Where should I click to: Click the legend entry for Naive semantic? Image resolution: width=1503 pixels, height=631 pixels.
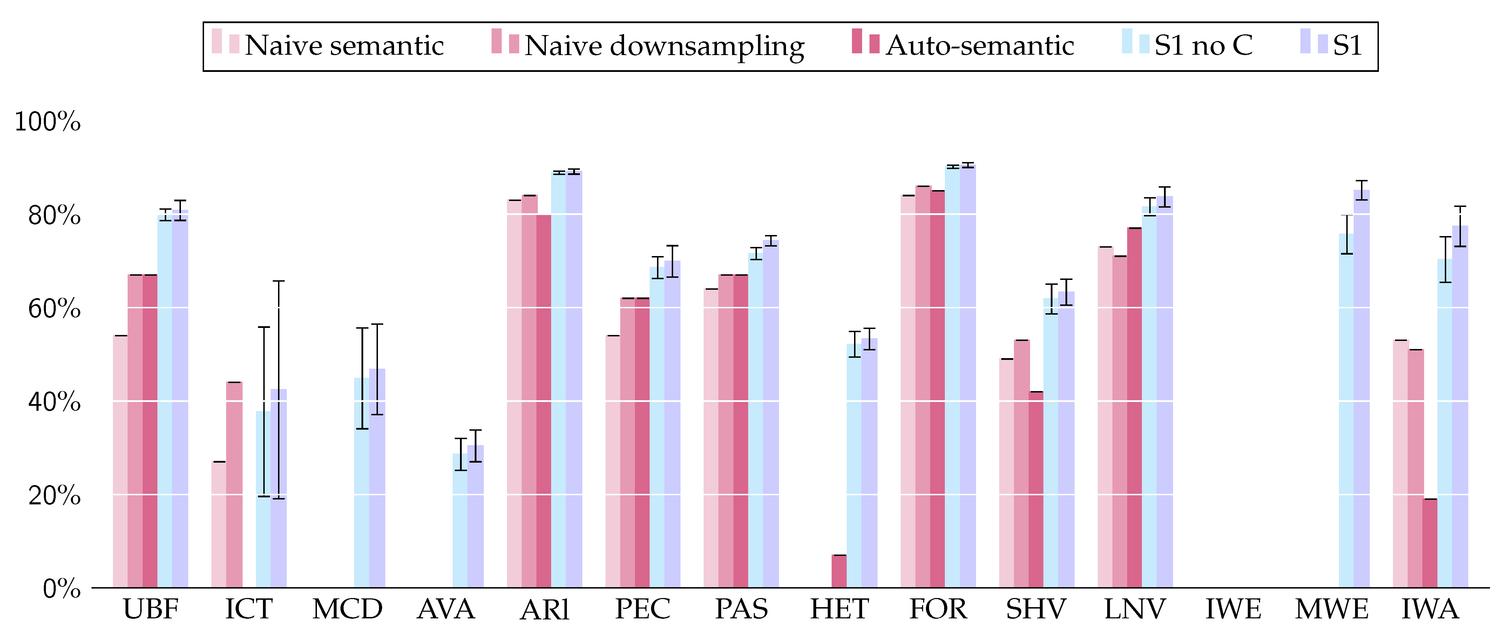344,46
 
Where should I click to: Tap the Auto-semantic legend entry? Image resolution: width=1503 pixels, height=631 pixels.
980,46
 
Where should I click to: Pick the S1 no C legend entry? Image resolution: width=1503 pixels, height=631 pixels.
1203,46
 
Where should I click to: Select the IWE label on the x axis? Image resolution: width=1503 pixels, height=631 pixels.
1233,609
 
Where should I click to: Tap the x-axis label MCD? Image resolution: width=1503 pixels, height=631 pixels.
347,609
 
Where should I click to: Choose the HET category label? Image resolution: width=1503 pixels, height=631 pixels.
839,609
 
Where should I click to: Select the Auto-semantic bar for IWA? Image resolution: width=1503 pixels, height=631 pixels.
1429,543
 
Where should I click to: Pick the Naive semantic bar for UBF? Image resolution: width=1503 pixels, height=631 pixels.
120,461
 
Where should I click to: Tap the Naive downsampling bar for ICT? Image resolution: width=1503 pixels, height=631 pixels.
234,484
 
